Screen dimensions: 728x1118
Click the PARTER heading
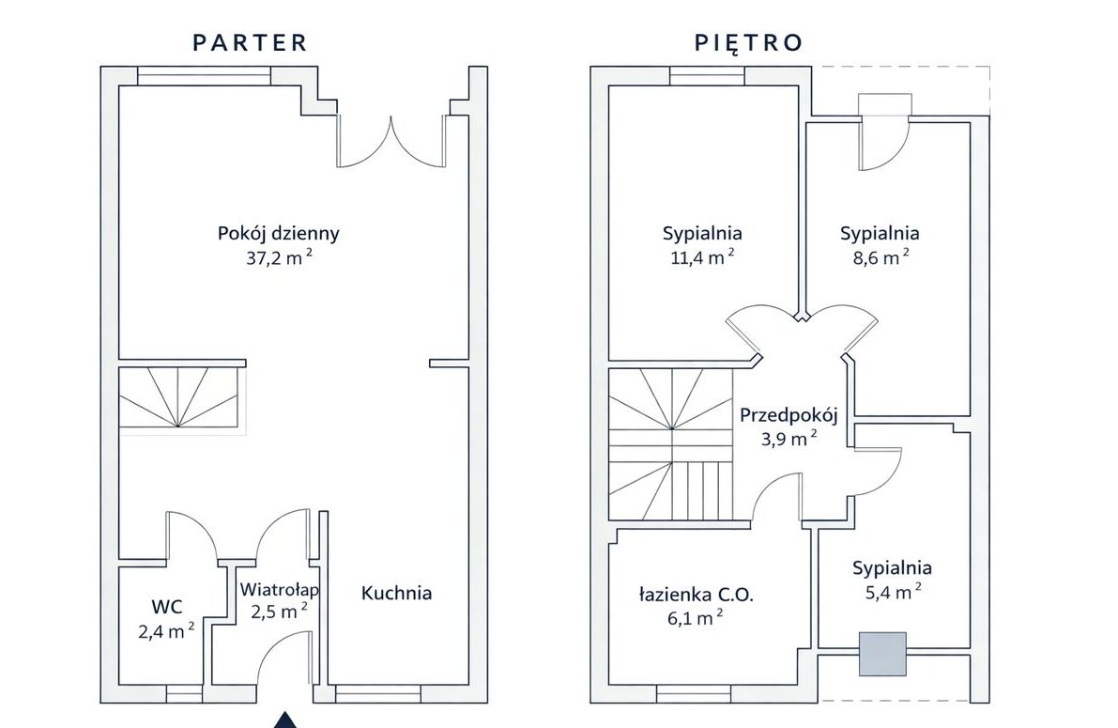(250, 42)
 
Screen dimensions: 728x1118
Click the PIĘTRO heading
(748, 42)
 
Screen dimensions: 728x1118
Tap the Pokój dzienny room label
(278, 234)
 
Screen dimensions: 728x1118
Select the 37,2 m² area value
(278, 258)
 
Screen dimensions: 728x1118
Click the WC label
(166, 606)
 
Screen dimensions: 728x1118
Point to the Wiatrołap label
(279, 590)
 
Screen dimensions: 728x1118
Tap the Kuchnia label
(396, 593)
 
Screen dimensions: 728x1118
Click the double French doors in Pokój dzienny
(391, 143)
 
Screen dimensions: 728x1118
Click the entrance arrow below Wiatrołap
(285, 721)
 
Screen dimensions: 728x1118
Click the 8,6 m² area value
(879, 258)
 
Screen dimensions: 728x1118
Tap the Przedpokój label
(788, 414)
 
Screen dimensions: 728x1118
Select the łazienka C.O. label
(697, 594)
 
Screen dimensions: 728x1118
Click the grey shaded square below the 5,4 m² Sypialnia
(883, 654)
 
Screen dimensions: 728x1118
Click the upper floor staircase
(668, 441)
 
